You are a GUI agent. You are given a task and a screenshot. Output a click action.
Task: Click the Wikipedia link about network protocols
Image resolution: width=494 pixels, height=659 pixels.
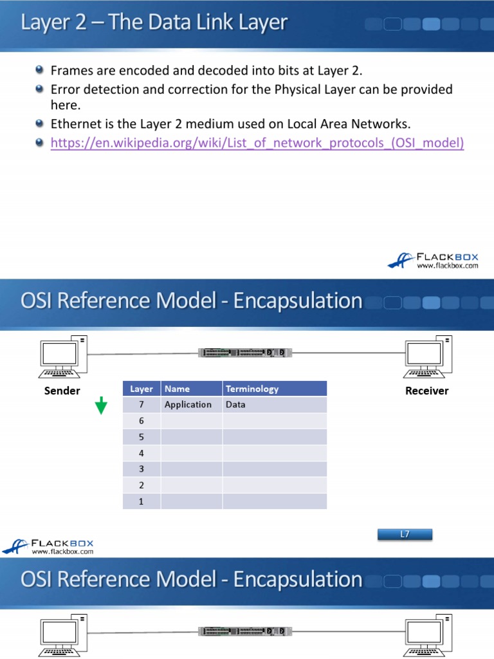[x=257, y=143]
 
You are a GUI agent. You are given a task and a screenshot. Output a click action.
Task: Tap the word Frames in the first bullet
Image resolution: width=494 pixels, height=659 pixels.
[x=72, y=71]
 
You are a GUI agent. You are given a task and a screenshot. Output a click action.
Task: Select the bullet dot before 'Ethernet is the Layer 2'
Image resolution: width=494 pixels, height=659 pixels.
[x=40, y=123]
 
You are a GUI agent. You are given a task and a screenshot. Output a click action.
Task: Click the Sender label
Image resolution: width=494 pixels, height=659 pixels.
[x=62, y=391]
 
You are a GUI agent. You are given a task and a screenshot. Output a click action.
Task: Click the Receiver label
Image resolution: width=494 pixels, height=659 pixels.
[x=426, y=391]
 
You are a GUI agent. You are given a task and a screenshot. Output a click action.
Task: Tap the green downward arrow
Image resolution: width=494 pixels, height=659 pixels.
[x=102, y=406]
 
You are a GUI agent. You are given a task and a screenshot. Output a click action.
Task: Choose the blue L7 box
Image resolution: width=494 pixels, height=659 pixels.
[x=405, y=534]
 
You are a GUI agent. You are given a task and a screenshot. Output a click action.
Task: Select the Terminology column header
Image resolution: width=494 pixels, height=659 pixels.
[x=252, y=389]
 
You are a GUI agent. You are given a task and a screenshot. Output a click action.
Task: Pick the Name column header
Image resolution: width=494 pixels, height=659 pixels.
[x=178, y=389]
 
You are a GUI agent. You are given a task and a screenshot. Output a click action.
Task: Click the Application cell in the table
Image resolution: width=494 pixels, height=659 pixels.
[x=188, y=405]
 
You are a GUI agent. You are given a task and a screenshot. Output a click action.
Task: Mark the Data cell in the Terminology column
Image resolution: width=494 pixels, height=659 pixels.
[x=235, y=405]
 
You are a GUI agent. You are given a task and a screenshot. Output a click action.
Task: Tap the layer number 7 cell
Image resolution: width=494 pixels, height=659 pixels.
[x=141, y=405]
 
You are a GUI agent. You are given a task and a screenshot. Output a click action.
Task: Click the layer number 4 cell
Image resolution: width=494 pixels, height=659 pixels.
[x=141, y=453]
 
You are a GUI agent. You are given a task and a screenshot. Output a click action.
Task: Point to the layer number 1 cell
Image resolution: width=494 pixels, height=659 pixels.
[x=141, y=501]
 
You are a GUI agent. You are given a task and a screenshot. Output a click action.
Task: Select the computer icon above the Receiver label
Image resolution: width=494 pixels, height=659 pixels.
[x=427, y=357]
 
